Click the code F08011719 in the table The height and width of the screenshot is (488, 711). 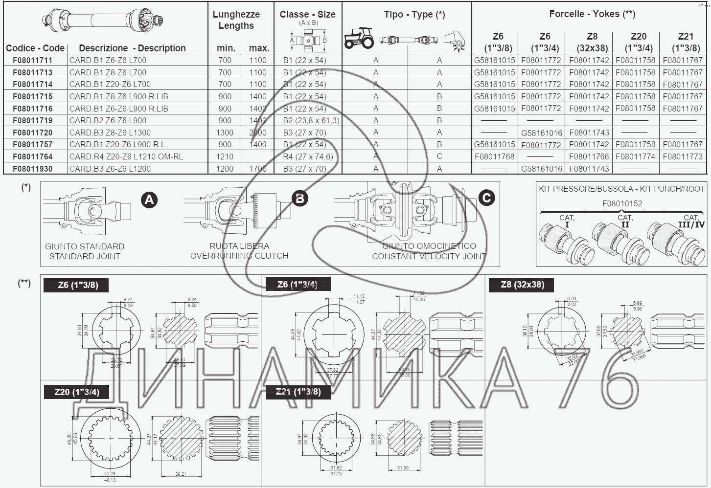(33, 120)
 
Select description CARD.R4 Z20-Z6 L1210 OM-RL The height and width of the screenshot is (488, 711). (126, 156)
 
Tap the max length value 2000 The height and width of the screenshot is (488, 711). (258, 133)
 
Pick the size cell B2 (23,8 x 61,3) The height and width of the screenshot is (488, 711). (311, 120)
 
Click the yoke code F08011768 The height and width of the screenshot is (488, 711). (494, 156)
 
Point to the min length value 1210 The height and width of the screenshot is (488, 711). (225, 156)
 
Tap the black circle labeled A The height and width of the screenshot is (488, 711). (149, 200)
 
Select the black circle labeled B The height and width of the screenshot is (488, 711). (299, 198)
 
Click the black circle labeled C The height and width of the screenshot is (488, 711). (486, 198)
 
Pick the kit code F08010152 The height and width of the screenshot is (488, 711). (622, 203)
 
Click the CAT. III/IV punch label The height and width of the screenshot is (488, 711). (690, 221)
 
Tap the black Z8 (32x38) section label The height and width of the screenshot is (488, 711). (522, 285)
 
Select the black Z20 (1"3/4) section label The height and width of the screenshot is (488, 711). (77, 392)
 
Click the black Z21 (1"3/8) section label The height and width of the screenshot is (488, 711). (298, 391)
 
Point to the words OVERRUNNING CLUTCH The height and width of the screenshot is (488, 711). (239, 256)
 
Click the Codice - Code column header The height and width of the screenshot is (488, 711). (35, 48)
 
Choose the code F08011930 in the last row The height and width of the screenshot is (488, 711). (33, 169)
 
